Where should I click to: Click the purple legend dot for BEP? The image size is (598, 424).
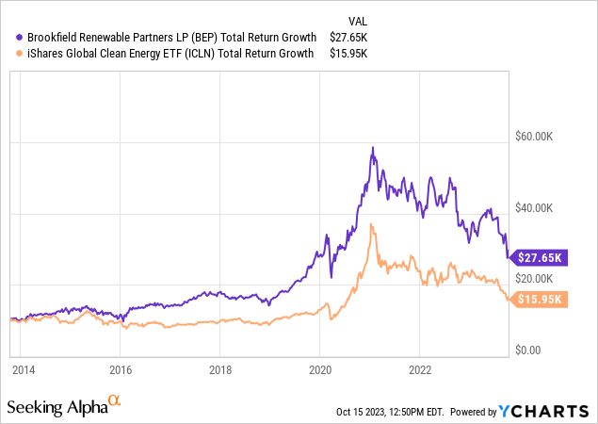coord(10,37)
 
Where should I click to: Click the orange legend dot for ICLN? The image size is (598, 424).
coord(10,54)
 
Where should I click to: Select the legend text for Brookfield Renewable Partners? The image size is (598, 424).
coord(165,37)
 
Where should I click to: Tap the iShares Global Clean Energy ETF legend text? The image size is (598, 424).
coord(166,54)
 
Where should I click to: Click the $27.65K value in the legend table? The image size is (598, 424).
coord(347,37)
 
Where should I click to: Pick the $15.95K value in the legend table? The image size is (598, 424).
coord(347,54)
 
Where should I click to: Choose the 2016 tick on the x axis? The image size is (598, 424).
coord(120,370)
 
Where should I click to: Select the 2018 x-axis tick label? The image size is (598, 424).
coord(219,370)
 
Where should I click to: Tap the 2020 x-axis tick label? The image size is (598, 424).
coord(320,370)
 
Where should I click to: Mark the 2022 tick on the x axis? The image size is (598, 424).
coord(420,370)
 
